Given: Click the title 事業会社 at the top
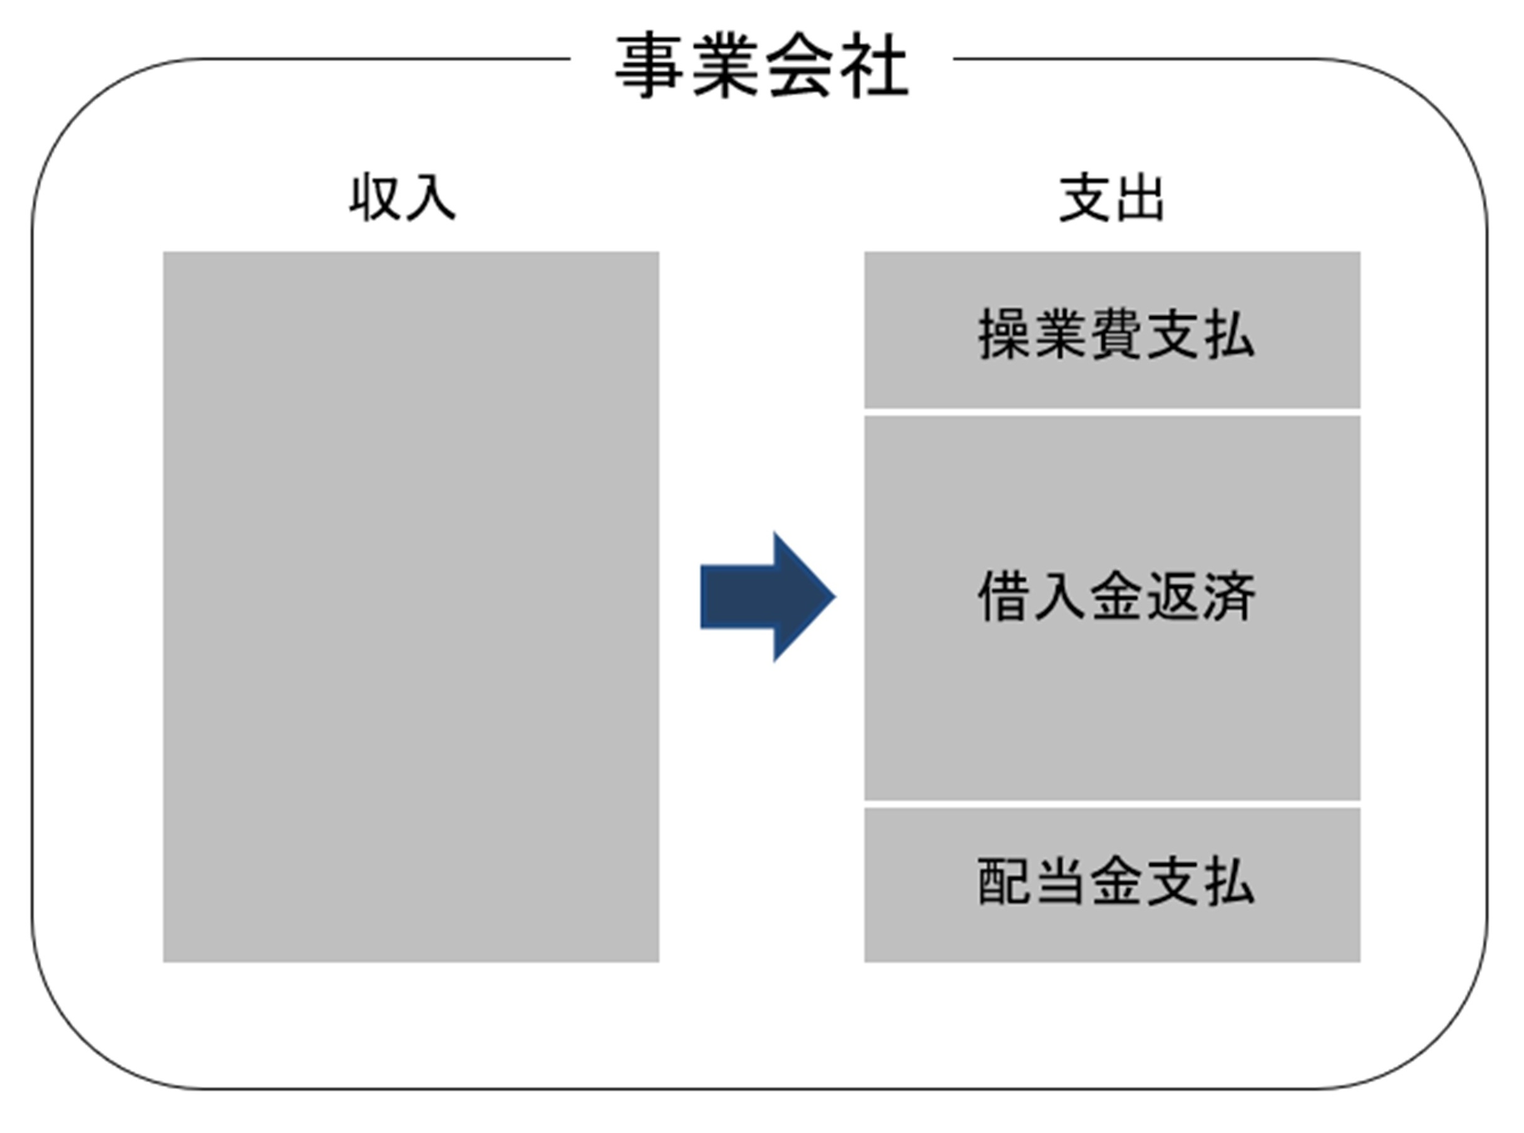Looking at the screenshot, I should pyautogui.click(x=761, y=66).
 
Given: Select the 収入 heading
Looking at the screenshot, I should pyautogui.click(x=403, y=199).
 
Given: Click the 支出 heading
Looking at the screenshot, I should pyautogui.click(x=1111, y=199).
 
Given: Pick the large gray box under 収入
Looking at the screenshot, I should pyautogui.click(x=411, y=606).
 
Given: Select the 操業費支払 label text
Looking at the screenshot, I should pyautogui.click(x=1116, y=334).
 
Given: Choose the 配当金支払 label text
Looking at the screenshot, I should pyautogui.click(x=1116, y=881).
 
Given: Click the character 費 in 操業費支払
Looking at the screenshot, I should pyautogui.click(x=1116, y=334).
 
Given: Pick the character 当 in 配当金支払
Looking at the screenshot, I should pyautogui.click(x=1061, y=881).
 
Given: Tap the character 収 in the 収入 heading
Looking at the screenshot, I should pyautogui.click(x=375, y=199).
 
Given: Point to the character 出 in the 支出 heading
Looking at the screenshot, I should pyautogui.click(x=1139, y=199).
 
